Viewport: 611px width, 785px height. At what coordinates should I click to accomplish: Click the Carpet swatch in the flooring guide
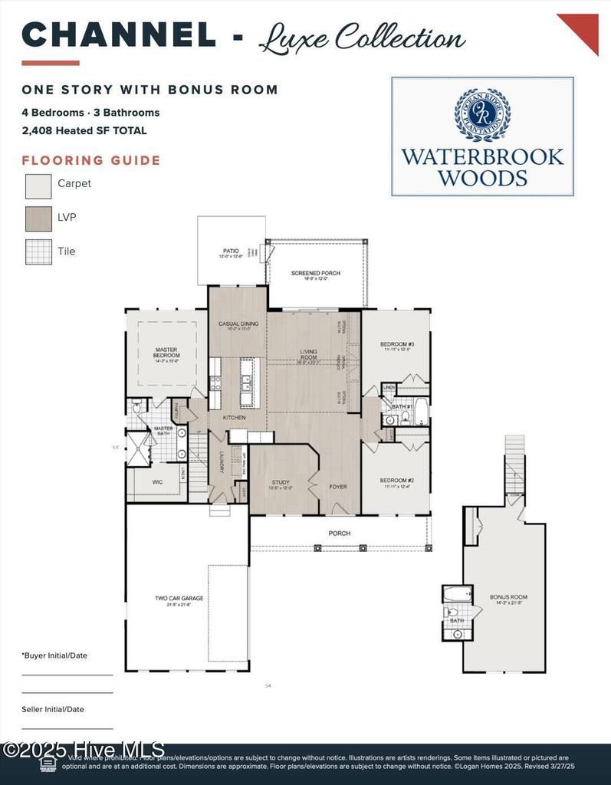point(38,186)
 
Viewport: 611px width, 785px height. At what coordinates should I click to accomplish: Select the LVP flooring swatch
point(38,219)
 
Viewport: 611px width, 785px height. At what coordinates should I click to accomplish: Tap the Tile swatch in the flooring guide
point(38,251)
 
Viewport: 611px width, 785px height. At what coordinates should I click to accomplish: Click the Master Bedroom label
point(166,353)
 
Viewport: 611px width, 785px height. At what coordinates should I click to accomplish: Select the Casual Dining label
point(238,325)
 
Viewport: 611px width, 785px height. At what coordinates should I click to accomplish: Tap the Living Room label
point(308,355)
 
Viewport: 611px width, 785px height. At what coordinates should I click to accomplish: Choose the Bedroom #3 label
point(397,345)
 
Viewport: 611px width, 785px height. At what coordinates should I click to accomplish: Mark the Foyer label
point(338,486)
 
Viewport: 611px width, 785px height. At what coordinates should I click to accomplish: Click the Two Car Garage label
point(173,599)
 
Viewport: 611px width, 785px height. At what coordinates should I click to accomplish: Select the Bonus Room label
point(508,598)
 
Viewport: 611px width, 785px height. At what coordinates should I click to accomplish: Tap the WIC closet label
point(157,482)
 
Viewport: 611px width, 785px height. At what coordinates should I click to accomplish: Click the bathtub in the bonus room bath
point(457,595)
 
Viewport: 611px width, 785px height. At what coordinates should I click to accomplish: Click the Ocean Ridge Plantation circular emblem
point(482,115)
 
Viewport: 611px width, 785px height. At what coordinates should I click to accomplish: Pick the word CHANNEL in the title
point(119,35)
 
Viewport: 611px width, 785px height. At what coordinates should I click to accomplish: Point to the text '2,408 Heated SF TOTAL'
point(84,131)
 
